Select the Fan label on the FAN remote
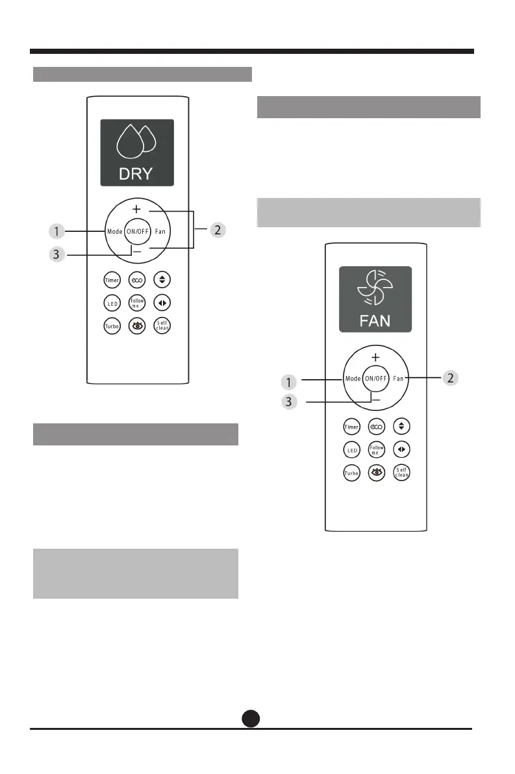pyautogui.click(x=398, y=378)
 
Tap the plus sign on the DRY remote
pyautogui.click(x=136, y=210)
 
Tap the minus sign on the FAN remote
pyautogui.click(x=375, y=401)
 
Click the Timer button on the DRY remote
pyautogui.click(x=112, y=280)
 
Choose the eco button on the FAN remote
pyautogui.click(x=376, y=427)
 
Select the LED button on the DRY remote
pyautogui.click(x=112, y=303)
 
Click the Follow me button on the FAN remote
pyautogui.click(x=376, y=449)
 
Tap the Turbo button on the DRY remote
pyautogui.click(x=112, y=326)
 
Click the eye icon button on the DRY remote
pyautogui.click(x=137, y=326)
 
